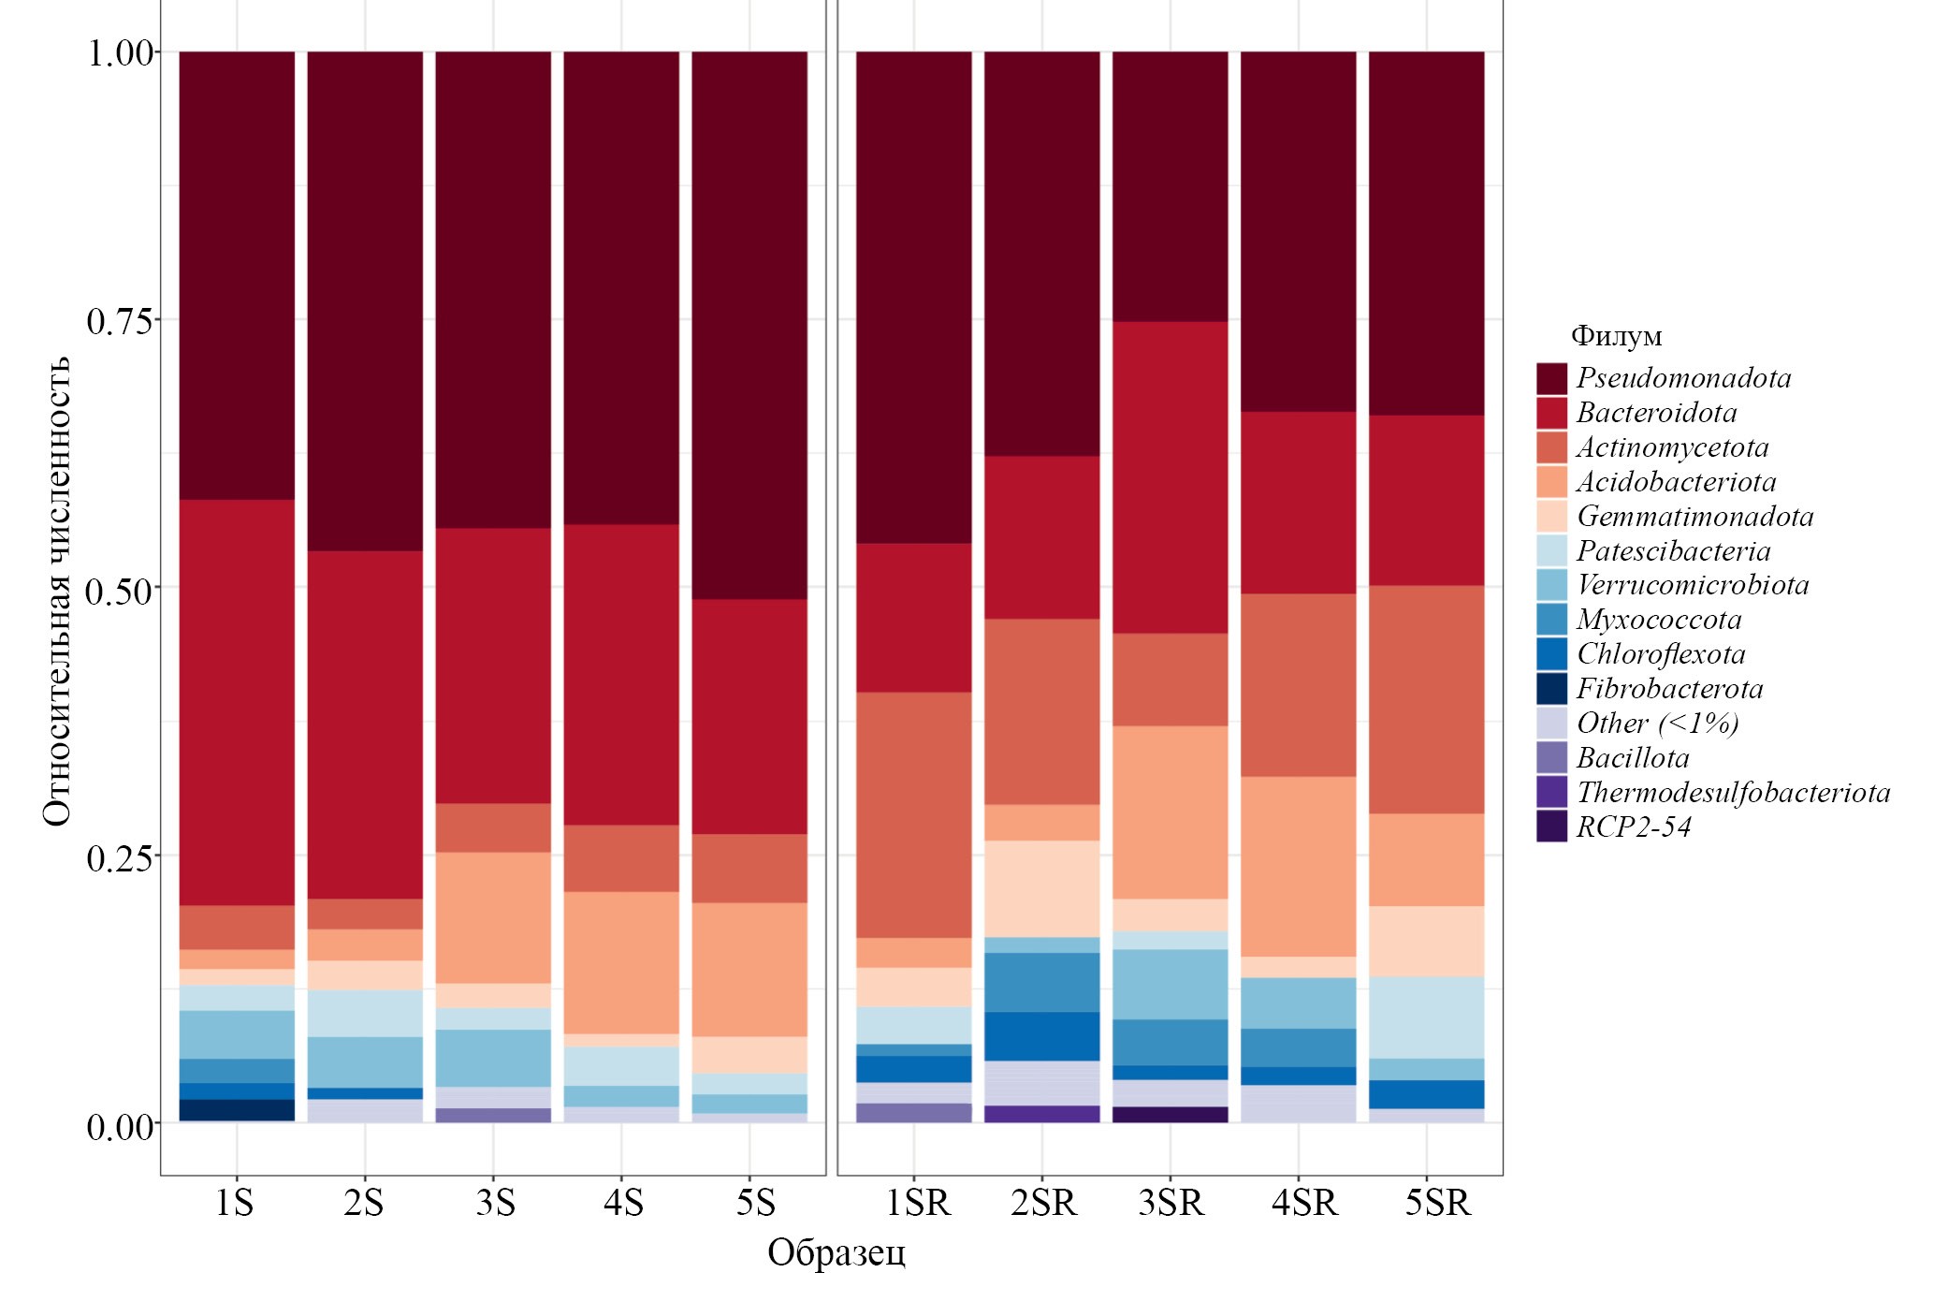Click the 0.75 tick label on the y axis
click(120, 321)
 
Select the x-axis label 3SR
click(1171, 1203)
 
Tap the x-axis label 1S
click(235, 1203)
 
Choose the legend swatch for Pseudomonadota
click(1551, 378)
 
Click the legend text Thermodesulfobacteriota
click(1733, 793)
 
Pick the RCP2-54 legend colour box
click(1551, 827)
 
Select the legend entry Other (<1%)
click(1657, 724)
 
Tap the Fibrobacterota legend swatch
click(1551, 689)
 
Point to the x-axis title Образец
click(836, 1252)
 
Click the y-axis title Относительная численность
click(58, 590)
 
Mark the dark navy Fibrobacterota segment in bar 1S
click(237, 1110)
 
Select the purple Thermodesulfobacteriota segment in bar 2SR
click(1042, 1114)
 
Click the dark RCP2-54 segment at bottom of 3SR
click(1171, 1115)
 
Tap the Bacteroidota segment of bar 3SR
click(1171, 477)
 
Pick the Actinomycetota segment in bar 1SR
click(914, 814)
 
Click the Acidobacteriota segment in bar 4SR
click(1299, 866)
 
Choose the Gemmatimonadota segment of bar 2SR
click(1042, 888)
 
